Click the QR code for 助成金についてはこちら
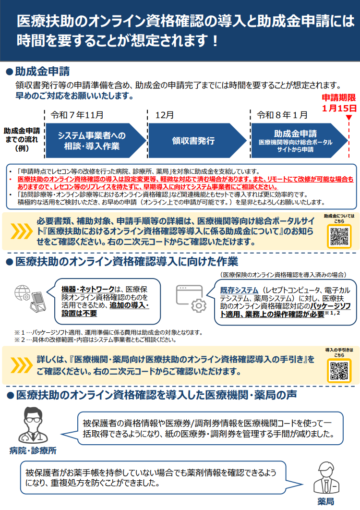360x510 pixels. click(x=339, y=236)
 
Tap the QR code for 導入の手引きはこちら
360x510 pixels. click(x=339, y=370)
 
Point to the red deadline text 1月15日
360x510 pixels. click(x=339, y=108)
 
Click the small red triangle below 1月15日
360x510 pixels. click(x=348, y=118)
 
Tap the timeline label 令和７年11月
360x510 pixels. click(x=77, y=115)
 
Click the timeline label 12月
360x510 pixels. click(x=165, y=115)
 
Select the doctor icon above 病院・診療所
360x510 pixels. click(x=33, y=425)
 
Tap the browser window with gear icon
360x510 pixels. click(x=191, y=299)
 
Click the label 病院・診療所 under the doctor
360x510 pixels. click(x=33, y=450)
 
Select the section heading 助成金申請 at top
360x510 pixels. click(x=42, y=71)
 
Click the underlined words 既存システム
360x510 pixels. click(x=239, y=290)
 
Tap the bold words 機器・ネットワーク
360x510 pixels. click(x=88, y=289)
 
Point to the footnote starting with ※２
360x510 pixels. click(x=96, y=340)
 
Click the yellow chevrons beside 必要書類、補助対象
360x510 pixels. click(x=22, y=231)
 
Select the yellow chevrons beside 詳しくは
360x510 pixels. click(x=22, y=365)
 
